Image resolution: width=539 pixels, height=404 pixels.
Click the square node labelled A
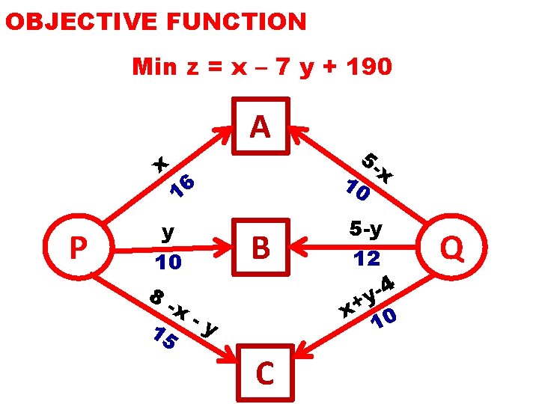pyautogui.click(x=260, y=127)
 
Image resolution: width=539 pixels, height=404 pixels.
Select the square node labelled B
pyautogui.click(x=261, y=247)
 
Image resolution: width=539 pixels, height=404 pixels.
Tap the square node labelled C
pyautogui.click(x=264, y=373)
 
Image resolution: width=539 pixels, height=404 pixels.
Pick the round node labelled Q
pyautogui.click(x=452, y=247)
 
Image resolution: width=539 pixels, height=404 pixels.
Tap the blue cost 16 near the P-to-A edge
pyautogui.click(x=182, y=188)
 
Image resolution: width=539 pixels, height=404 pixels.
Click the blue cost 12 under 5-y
pyautogui.click(x=367, y=259)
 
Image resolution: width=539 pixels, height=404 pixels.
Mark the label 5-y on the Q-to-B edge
pyautogui.click(x=366, y=228)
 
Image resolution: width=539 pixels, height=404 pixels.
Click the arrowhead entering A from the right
pyautogui.click(x=296, y=132)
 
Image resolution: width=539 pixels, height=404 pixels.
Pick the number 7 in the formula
pyautogui.click(x=282, y=67)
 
